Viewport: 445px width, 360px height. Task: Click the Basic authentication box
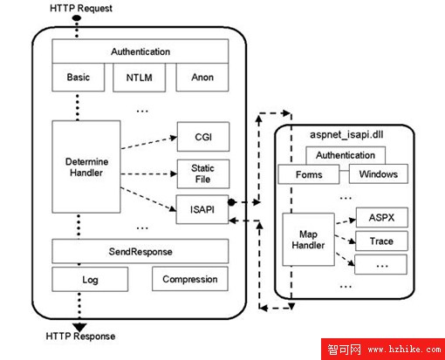[x=79, y=78]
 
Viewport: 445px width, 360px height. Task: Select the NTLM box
[x=139, y=78]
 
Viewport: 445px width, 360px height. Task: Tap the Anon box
[x=202, y=78]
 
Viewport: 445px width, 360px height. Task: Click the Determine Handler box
[x=86, y=166]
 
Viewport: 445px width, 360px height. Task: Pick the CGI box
[x=203, y=137]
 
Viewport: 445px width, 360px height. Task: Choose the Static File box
[x=203, y=173]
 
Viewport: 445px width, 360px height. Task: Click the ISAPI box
[x=202, y=209]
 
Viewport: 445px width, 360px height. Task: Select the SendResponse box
[x=140, y=251]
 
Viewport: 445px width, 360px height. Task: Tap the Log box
[x=90, y=280]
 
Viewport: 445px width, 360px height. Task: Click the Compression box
[x=190, y=279]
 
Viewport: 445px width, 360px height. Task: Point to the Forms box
[x=309, y=174]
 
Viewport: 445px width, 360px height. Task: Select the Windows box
[x=379, y=173]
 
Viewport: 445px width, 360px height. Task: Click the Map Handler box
[x=308, y=240]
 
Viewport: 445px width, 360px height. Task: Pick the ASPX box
[x=382, y=217]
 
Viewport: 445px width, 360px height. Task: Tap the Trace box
[x=381, y=241]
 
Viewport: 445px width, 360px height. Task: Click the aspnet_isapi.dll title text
[x=346, y=134]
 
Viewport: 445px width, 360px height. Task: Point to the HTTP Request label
[x=81, y=8]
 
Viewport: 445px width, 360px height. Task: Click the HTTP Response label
[x=80, y=336]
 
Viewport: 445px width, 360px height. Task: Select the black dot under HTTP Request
[x=77, y=18]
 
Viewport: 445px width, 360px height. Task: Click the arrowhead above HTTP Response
[x=79, y=327]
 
